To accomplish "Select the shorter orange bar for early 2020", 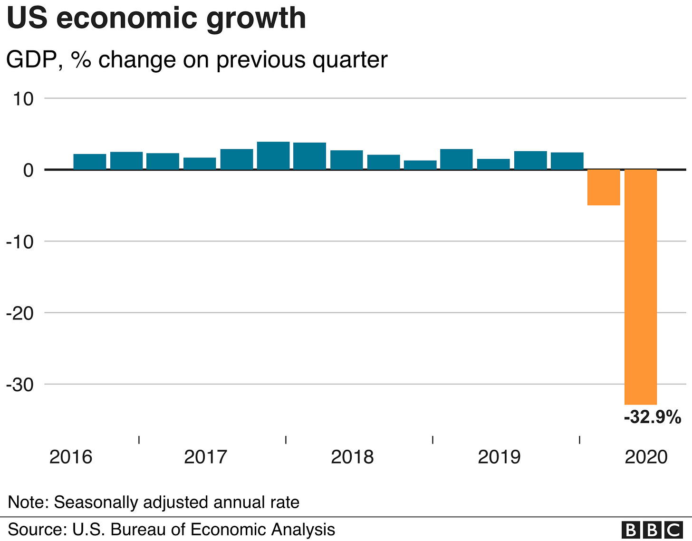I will (x=604, y=187).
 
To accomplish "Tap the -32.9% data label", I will (x=652, y=417).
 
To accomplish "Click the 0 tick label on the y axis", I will (x=28, y=170).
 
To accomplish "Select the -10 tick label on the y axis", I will (x=20, y=242).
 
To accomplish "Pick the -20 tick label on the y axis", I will (x=20, y=313).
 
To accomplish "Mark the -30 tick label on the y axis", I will (x=20, y=385).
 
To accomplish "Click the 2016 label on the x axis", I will (x=71, y=457).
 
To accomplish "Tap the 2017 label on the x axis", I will (x=205, y=457).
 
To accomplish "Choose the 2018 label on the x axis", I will (x=352, y=457).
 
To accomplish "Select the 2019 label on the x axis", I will (x=499, y=457).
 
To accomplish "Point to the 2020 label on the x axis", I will (x=646, y=457).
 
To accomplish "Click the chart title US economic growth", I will (x=156, y=19).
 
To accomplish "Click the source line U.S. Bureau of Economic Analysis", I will (x=172, y=530).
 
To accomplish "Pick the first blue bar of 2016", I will (x=90, y=162).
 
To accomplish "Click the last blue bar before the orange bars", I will (x=567, y=161).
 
